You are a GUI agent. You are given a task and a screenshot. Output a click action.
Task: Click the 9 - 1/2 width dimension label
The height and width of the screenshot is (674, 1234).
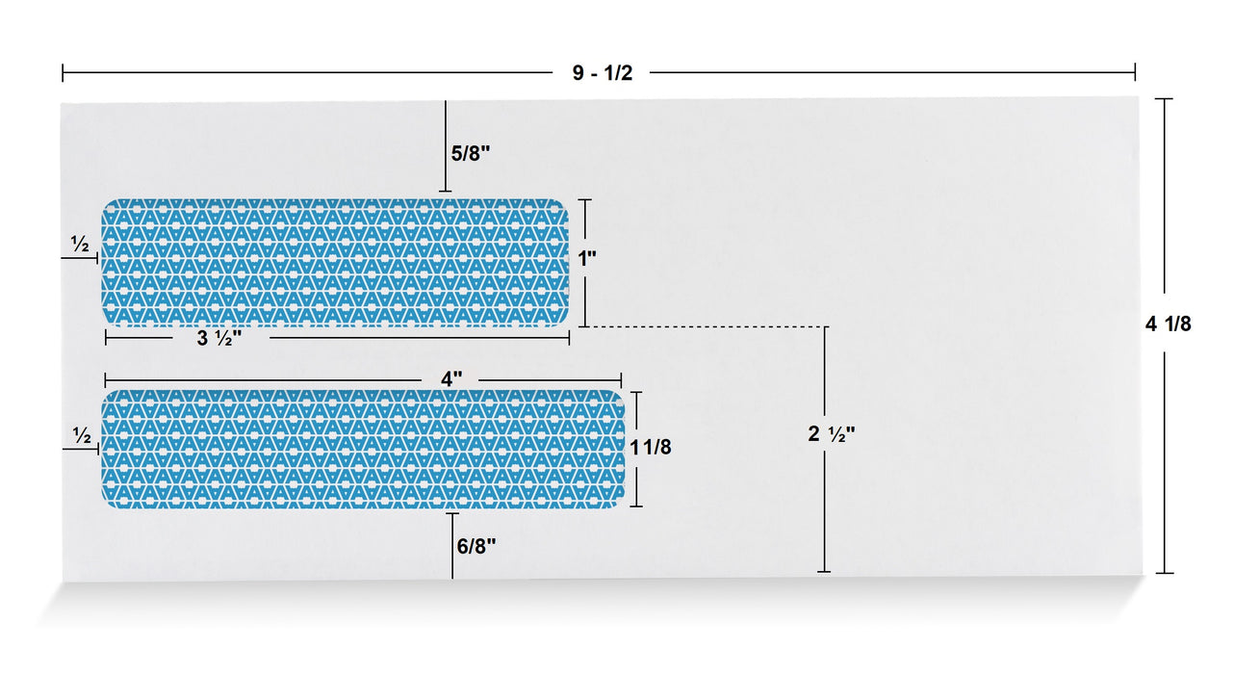click(x=603, y=73)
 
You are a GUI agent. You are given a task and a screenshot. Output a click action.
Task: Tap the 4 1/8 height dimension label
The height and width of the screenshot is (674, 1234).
click(x=1168, y=324)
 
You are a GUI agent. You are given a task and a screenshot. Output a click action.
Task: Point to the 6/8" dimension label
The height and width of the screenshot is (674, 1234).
click(x=476, y=546)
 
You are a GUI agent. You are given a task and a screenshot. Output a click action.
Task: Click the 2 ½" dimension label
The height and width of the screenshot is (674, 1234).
click(x=831, y=434)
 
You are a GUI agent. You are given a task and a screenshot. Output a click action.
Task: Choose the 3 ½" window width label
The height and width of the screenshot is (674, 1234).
click(x=219, y=338)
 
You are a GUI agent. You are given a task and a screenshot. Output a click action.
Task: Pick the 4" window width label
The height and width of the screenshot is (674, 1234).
click(x=451, y=379)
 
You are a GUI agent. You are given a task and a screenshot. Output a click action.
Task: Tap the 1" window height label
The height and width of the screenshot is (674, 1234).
click(x=587, y=258)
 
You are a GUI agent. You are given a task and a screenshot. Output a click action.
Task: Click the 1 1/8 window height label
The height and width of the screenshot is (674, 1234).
click(x=651, y=447)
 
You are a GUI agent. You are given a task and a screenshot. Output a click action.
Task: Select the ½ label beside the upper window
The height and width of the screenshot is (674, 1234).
click(x=80, y=246)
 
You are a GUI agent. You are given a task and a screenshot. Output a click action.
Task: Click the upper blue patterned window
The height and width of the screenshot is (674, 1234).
click(x=336, y=263)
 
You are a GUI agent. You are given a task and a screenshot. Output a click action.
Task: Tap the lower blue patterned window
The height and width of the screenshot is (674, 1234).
click(x=363, y=449)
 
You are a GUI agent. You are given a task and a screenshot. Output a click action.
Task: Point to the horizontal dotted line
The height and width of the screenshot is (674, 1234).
click(x=703, y=327)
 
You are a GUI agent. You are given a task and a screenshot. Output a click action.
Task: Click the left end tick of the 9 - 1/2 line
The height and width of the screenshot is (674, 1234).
click(x=63, y=73)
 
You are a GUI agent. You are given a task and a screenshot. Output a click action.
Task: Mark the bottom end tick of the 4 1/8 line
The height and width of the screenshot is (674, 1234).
click(x=1165, y=573)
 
